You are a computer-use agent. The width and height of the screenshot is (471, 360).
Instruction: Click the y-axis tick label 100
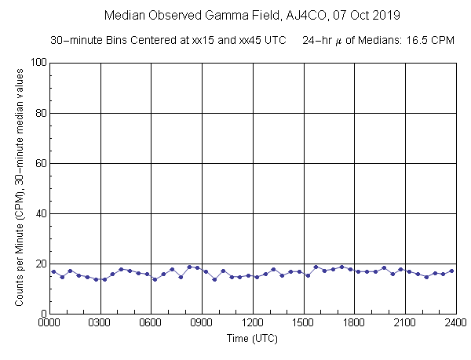pos(36,63)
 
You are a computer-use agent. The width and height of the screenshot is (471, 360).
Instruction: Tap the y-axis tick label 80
pos(39,113)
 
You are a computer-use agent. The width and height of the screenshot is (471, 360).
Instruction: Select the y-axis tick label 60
pos(39,163)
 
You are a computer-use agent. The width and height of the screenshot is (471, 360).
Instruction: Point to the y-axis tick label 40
pos(39,213)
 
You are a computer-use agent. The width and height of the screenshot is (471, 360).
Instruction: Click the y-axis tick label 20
pos(39,264)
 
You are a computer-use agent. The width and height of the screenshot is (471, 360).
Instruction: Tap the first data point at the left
pos(53,271)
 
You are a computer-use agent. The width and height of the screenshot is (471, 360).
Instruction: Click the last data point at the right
pos(451,271)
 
